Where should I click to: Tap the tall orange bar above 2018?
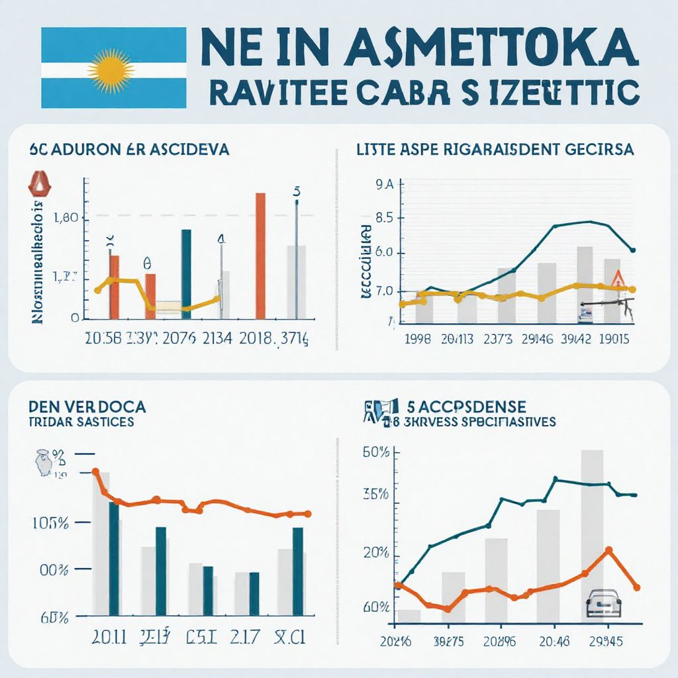coord(260,256)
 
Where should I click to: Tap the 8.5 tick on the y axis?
coord(384,218)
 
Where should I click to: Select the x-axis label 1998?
coord(417,339)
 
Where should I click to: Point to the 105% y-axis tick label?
coord(50,523)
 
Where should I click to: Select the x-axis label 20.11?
coord(108,638)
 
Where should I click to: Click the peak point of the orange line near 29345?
coord(608,550)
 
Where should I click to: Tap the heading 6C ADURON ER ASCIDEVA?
coord(129,150)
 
